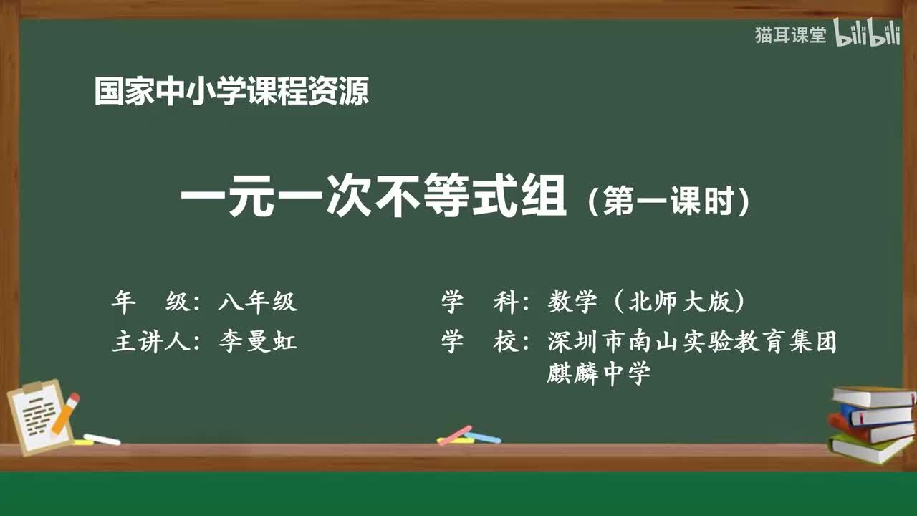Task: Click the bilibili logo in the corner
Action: point(867,34)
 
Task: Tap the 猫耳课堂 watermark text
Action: point(790,35)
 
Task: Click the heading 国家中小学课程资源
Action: point(231,92)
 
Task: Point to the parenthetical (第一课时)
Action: point(668,201)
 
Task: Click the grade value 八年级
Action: point(257,302)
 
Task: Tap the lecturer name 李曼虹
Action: point(257,342)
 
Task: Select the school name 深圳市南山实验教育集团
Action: point(692,342)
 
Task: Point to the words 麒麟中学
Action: point(598,373)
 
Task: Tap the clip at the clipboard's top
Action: point(34,388)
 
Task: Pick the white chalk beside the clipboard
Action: point(102,439)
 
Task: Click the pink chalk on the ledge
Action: point(455,434)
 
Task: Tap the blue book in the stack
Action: point(878,414)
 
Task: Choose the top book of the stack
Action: point(874,396)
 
